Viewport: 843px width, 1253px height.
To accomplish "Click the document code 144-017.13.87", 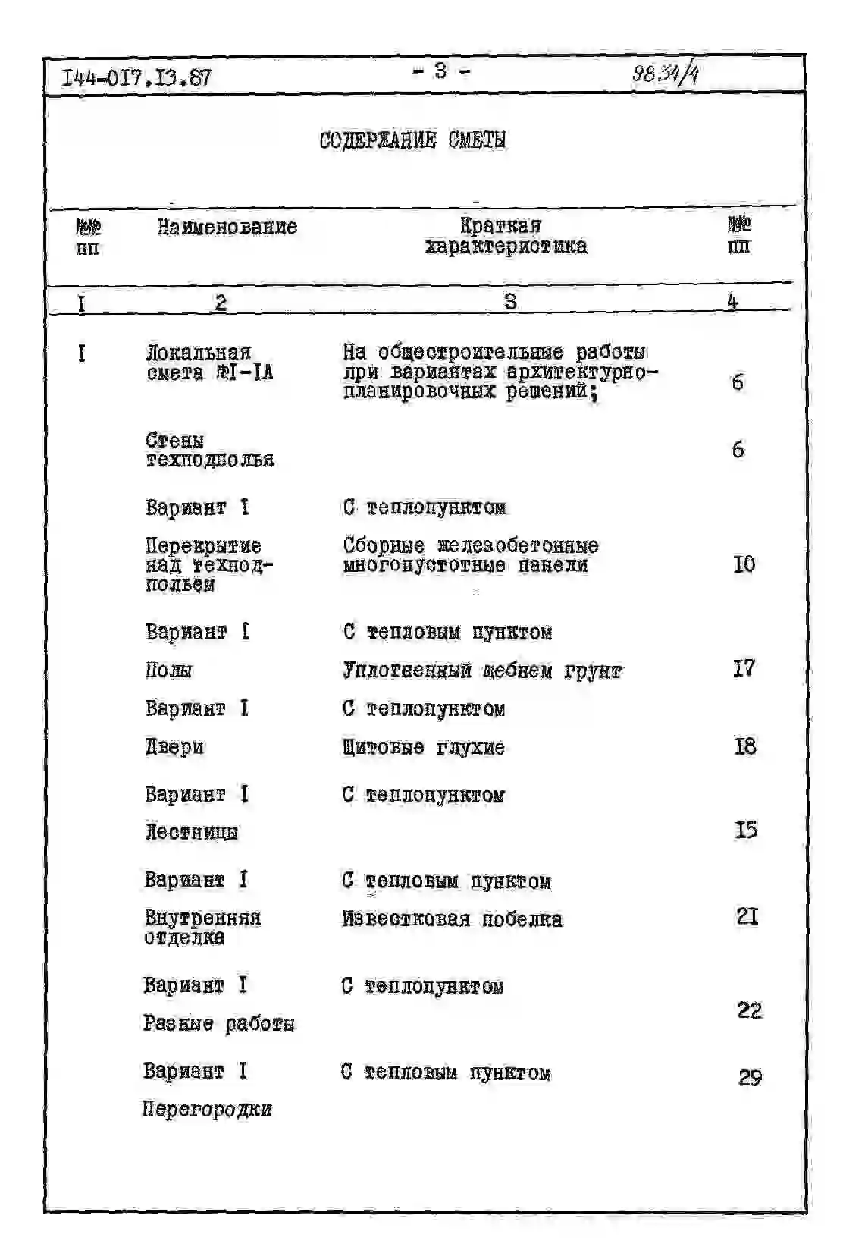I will click(136, 77).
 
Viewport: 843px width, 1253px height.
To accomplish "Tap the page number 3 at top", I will click(440, 71).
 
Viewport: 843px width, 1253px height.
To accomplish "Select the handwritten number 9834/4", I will click(665, 74).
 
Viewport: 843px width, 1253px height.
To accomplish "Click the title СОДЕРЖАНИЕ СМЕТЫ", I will click(412, 140).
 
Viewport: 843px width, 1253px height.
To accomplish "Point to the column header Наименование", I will click(227, 227).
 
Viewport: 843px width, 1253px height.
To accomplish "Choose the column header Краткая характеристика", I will click(505, 236).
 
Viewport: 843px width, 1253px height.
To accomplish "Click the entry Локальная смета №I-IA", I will click(208, 363).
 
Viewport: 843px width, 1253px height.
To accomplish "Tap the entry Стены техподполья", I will click(209, 451).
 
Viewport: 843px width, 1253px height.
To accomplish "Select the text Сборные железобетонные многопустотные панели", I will click(470, 555).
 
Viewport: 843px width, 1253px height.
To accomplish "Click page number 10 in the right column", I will click(744, 564).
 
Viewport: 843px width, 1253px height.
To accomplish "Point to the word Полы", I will click(168, 670).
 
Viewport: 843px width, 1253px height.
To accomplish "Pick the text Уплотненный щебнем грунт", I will click(482, 670).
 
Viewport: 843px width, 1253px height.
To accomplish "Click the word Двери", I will click(174, 747).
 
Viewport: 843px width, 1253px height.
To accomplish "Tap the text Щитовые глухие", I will click(423, 748).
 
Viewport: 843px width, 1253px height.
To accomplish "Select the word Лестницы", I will click(191, 832).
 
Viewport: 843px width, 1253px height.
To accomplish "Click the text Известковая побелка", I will click(452, 919).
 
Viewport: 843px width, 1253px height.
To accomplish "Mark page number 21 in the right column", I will click(747, 917).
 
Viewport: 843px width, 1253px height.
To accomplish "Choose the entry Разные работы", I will click(218, 1024).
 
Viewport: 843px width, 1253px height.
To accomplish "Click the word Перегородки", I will click(207, 1110).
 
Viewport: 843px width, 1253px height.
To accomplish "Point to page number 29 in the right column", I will click(749, 1078).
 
